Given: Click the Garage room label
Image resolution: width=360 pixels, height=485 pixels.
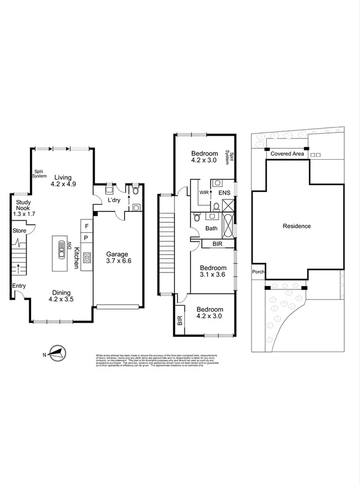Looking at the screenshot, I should [117, 254].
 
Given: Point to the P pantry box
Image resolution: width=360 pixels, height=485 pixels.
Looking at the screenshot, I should [86, 238].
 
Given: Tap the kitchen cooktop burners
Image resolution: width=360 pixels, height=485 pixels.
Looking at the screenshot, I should [87, 259].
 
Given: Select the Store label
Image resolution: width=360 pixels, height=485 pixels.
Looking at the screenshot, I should [19, 231].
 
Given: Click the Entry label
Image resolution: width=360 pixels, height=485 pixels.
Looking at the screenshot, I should [19, 285].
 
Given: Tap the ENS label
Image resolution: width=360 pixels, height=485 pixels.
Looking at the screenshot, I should [225, 193].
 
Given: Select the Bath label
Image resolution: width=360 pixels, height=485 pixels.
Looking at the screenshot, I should [212, 229].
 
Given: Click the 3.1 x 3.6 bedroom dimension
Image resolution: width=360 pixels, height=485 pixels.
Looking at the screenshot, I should [212, 275].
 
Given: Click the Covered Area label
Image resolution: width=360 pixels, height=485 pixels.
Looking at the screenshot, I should [287, 154].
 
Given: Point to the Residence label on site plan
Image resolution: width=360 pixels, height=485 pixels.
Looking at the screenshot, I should [297, 226].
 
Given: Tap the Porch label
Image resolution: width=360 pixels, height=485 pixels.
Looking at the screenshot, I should [257, 272].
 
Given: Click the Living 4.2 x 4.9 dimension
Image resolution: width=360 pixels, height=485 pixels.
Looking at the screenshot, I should [65, 184].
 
